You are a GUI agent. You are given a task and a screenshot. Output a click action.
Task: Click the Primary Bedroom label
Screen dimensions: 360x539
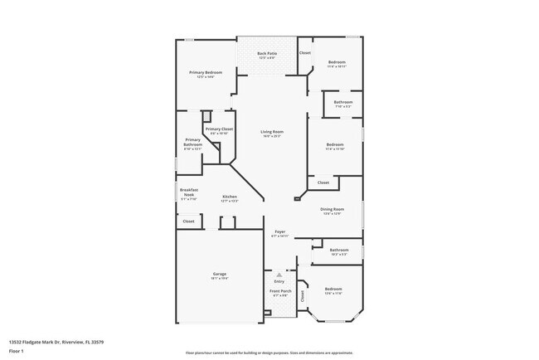coord(206,73)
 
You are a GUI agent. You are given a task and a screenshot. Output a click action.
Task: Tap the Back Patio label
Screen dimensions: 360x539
coord(267,54)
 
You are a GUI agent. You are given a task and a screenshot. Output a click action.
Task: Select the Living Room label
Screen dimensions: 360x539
coord(272,132)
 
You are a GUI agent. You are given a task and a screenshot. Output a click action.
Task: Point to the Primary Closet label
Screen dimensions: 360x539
coord(220,129)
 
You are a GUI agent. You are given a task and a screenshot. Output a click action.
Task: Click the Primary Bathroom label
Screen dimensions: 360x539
coord(192,143)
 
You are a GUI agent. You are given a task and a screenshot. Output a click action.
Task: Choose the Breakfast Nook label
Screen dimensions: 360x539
coord(188,192)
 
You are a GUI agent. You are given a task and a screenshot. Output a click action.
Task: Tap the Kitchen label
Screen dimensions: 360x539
coord(230,197)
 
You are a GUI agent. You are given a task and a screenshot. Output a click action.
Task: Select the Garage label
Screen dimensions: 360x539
coord(220,275)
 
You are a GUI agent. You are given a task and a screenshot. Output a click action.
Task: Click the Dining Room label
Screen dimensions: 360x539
coord(332,209)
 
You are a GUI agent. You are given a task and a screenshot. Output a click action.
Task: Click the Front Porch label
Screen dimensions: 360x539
coord(279,290)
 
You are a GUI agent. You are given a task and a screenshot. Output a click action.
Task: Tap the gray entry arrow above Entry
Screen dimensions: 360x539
coord(279,272)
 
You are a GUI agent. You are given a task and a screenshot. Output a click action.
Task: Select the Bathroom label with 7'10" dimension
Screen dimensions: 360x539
coord(343,103)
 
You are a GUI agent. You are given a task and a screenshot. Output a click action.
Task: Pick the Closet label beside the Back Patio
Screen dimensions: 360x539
coord(305,53)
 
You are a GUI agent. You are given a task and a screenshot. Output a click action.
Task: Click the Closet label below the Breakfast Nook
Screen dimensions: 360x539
coord(188,221)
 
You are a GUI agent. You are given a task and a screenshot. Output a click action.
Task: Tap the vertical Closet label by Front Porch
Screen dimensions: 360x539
coord(303,295)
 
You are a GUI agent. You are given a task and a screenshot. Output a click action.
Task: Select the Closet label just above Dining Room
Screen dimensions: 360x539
coord(323,182)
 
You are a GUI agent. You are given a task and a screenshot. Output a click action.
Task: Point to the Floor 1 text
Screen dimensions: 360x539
coord(16,351)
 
